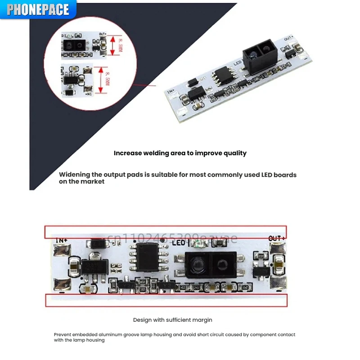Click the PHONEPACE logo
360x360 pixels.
tap(38, 9)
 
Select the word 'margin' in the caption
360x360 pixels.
tap(202, 320)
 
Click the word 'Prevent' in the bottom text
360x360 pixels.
tap(63, 335)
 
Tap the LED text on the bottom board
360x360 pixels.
tap(179, 243)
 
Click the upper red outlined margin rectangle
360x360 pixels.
tap(165, 232)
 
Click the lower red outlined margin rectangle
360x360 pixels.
tap(166, 300)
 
